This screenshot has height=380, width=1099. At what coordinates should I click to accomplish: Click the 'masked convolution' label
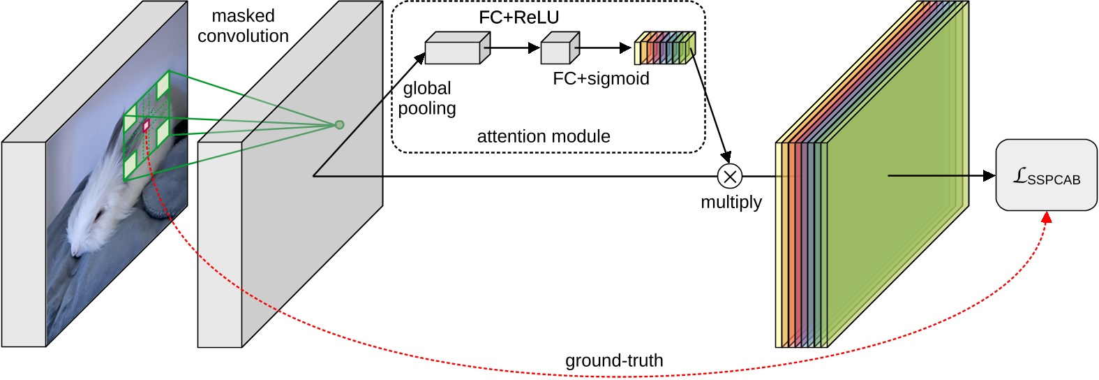(243, 26)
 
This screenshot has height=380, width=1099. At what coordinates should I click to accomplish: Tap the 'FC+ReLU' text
(518, 17)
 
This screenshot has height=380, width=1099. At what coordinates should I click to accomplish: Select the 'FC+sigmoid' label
(601, 78)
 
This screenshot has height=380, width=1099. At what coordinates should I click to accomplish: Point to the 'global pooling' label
(427, 98)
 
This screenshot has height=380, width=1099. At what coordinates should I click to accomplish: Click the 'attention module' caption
(543, 136)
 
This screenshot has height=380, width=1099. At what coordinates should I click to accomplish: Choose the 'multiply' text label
(731, 202)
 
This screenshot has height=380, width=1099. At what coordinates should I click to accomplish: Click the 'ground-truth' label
(614, 360)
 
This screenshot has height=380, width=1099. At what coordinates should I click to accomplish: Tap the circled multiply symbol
(730, 177)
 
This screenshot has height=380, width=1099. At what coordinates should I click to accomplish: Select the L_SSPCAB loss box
(1045, 175)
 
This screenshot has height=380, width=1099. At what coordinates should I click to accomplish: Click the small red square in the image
(147, 126)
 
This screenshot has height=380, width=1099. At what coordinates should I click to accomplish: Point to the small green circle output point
(340, 125)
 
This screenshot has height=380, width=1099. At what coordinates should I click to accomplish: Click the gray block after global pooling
(452, 49)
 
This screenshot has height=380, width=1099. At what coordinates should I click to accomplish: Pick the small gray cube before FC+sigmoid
(559, 49)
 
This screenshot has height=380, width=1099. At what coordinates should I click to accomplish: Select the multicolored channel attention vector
(664, 49)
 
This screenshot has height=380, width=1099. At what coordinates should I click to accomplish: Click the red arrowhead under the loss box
(1046, 219)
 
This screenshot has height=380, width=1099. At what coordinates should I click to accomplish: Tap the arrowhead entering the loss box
(989, 176)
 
